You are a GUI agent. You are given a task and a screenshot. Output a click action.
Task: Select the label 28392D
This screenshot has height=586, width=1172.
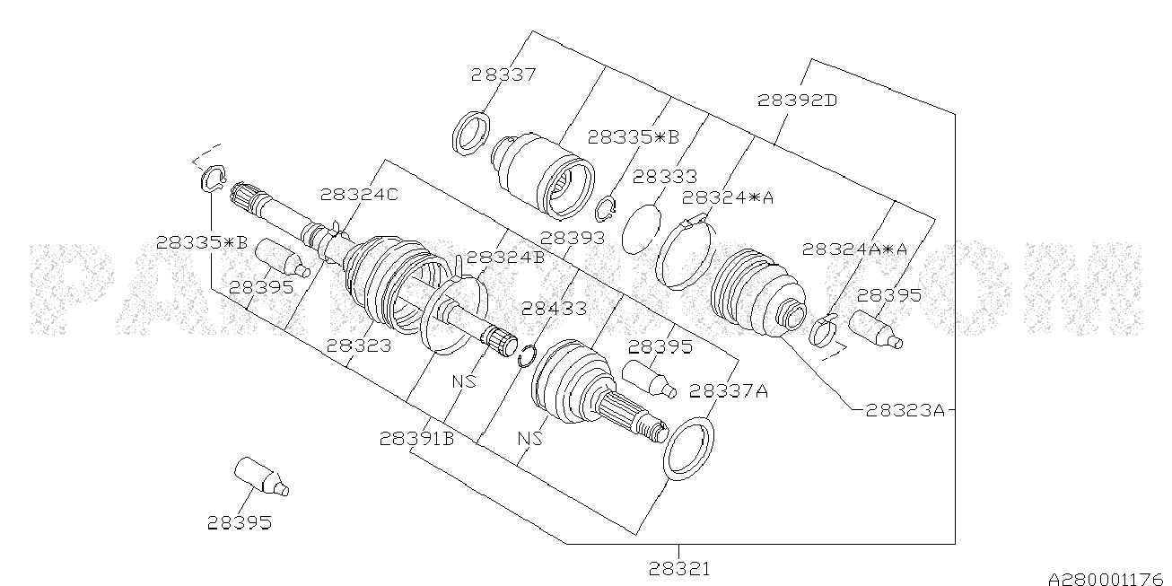pos(797,101)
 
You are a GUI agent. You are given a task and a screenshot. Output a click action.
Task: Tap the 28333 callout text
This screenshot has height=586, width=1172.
pos(664,177)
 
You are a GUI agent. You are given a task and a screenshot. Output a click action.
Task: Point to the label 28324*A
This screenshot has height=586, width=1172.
pos(727,198)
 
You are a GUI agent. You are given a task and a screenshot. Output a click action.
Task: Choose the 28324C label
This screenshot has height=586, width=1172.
pos(359,194)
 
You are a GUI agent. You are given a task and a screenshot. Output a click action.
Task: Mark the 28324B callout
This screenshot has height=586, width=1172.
pos(505,257)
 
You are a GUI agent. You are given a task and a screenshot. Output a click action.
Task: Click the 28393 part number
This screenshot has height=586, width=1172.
pos(573,238)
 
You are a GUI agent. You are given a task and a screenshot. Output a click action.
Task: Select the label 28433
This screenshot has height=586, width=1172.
pos(554,309)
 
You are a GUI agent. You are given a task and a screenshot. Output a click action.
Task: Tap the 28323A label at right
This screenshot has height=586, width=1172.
pos(905,410)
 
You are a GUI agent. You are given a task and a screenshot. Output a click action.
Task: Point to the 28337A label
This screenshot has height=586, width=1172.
pos(729,391)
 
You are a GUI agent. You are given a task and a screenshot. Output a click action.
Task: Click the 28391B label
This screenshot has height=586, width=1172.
pos(415,439)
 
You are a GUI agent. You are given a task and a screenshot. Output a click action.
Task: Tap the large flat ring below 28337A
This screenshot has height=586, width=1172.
pos(689,446)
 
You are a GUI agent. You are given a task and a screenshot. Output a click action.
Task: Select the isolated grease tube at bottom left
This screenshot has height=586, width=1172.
pos(260,477)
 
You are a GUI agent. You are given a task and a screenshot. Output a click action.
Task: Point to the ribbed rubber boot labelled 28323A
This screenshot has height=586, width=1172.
pos(754,292)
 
